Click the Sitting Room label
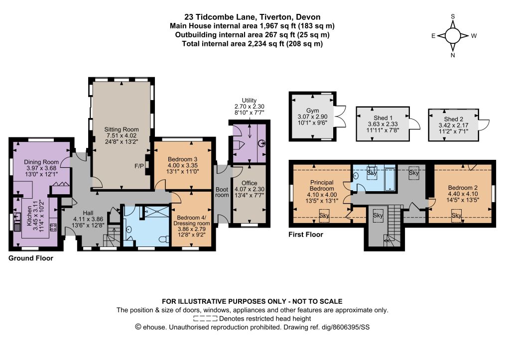tap(122, 129)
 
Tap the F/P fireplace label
tap(139, 166)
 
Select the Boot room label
tap(222, 192)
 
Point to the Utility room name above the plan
tap(249, 101)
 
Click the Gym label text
tap(312, 111)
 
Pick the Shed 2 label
tap(453, 119)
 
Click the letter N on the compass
tap(452, 55)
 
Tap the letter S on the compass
tap(452, 16)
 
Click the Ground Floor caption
tap(30, 258)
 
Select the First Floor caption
tap(306, 235)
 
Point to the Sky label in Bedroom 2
tap(456, 215)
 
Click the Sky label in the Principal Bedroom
tap(324, 215)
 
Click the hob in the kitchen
tap(53, 227)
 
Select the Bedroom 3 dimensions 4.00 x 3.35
tap(182, 165)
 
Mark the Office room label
tap(250, 183)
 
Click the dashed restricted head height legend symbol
tap(205, 319)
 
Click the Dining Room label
tap(41, 162)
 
